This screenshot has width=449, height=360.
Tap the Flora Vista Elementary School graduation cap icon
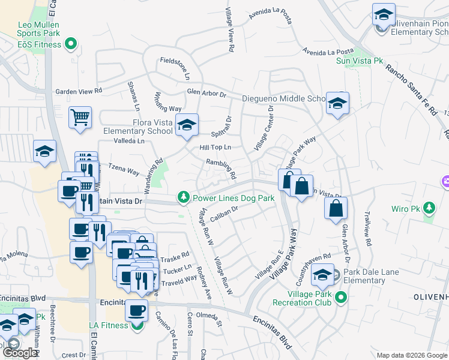pos(188,125)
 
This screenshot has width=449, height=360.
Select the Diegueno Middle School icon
pos(337,103)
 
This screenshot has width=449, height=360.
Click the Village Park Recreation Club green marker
pos(341,297)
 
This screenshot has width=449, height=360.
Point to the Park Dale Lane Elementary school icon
pos(322,275)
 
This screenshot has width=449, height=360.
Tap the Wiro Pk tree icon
pos(429,208)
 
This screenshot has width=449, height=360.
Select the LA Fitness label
pos(109,325)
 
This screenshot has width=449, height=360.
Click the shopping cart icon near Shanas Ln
pos(80,118)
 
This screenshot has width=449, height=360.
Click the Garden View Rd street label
pos(79,91)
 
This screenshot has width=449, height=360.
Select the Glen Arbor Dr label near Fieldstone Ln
pos(206,94)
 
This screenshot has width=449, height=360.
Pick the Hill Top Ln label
pos(215,147)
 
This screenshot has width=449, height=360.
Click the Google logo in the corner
pos(20,353)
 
